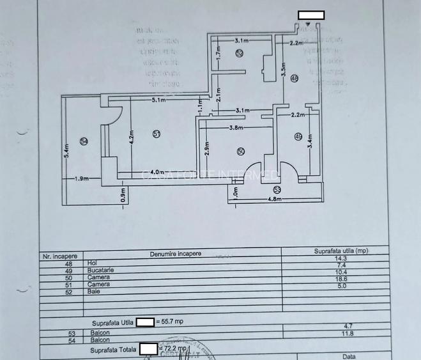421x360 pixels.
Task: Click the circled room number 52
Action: point(239,54)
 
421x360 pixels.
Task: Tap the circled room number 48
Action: point(294,79)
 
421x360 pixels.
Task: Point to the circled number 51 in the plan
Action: point(156,133)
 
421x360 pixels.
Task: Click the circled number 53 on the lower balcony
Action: point(277,189)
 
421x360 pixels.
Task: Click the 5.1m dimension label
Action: point(159,100)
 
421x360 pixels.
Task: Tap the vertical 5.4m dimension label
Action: point(67,150)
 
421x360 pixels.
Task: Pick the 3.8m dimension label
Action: point(237,128)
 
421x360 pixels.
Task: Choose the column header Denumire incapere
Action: point(176,254)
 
